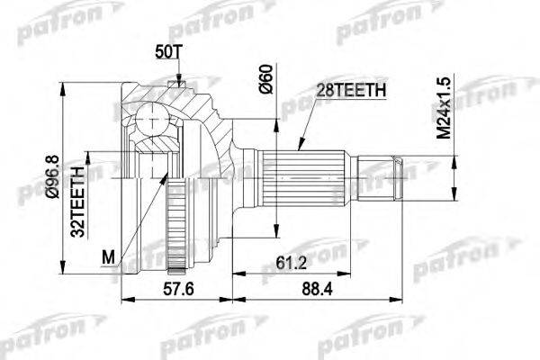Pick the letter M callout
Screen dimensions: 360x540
pyautogui.click(x=109, y=259)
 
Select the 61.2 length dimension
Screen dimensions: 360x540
pyautogui.click(x=286, y=263)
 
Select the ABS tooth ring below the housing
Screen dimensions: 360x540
pyautogui.click(x=181, y=220)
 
